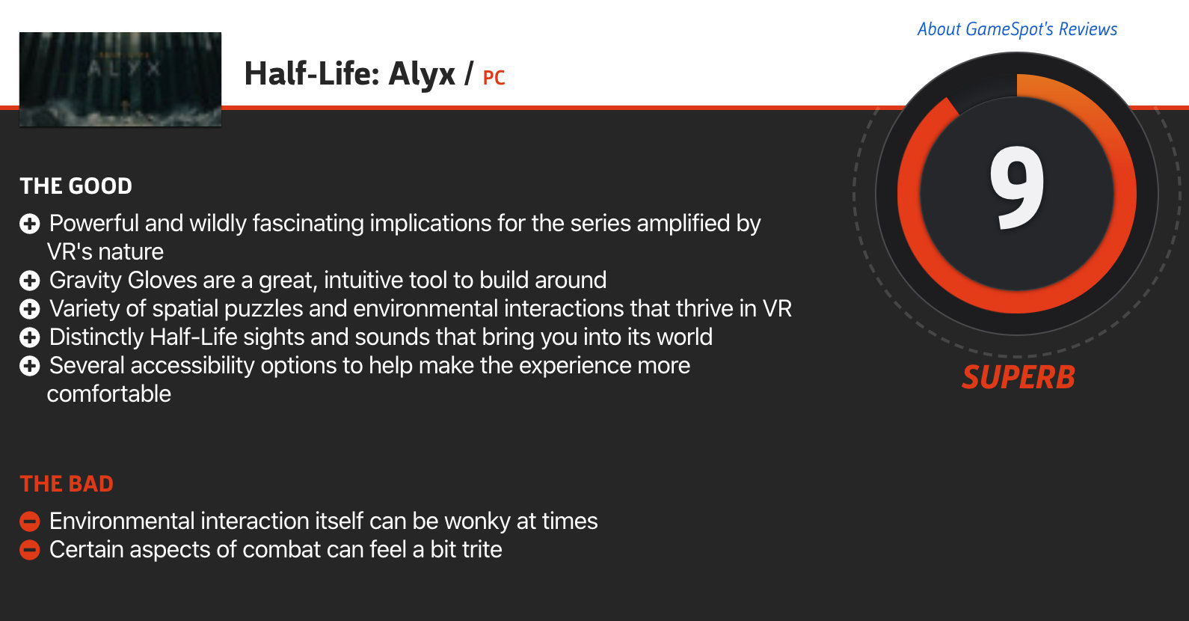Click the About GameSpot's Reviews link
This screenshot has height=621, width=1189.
1017,29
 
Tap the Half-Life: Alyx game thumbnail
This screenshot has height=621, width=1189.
120,79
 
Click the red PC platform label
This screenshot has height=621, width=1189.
494,78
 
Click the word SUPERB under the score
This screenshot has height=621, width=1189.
1018,377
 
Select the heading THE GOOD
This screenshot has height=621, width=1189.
76,186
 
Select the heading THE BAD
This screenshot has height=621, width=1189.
67,484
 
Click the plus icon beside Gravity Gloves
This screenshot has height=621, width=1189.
30,281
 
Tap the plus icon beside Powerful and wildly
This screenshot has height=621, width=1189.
30,224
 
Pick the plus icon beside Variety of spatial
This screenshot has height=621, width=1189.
30,309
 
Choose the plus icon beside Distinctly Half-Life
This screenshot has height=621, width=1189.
30,337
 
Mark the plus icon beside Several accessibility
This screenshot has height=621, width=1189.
30,366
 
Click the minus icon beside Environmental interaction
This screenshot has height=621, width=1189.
30,521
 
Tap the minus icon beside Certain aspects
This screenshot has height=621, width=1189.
30,550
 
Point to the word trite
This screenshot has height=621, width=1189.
482,550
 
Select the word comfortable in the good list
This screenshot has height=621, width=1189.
109,394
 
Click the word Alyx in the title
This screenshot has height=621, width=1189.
422,74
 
